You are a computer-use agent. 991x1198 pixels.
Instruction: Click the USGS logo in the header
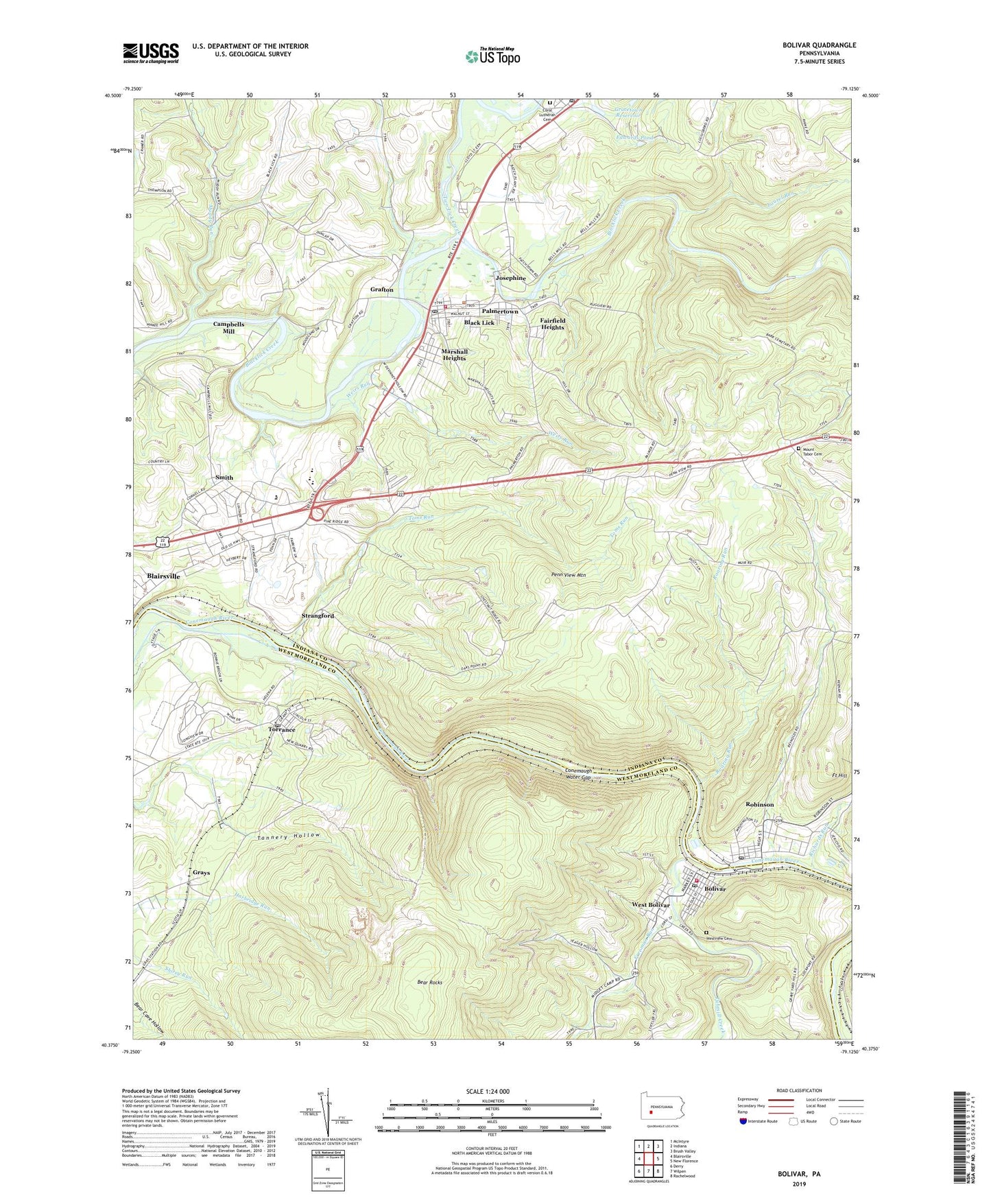[x=151, y=52]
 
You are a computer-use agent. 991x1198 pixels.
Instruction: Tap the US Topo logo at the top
[x=492, y=56]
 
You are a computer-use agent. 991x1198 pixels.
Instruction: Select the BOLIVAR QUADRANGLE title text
[x=819, y=45]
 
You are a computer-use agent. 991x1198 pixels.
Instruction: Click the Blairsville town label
[x=163, y=576]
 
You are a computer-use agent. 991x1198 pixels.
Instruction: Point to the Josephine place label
[x=510, y=278]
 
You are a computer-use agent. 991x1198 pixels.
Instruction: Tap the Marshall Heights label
[x=454, y=355]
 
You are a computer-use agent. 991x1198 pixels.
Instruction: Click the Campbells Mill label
[x=228, y=327]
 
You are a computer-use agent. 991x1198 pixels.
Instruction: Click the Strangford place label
[x=318, y=615]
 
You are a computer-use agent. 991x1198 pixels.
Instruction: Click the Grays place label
[x=201, y=872]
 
